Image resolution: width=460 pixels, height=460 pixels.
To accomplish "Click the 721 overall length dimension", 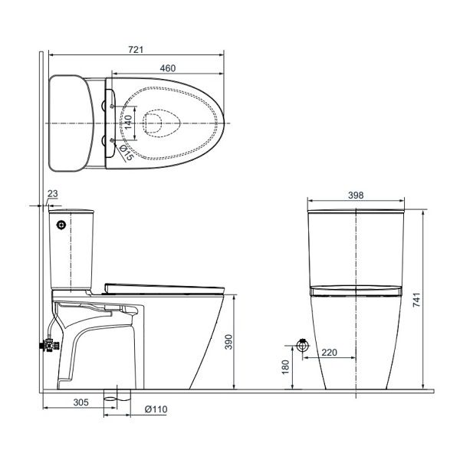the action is (136, 50).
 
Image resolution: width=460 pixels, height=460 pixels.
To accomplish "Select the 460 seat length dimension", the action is (168, 68).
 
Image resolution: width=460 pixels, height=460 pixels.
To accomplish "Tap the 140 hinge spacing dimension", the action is (128, 123).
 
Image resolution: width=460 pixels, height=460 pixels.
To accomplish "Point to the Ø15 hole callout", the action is (127, 153).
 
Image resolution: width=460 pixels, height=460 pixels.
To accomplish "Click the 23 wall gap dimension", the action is (53, 194).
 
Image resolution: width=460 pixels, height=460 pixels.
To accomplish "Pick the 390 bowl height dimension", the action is (228, 342).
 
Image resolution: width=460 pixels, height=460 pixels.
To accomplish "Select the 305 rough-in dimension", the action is (80, 402).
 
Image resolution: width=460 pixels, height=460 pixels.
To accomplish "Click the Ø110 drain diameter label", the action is (156, 409).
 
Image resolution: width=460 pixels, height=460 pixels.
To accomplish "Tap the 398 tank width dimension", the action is (356, 195).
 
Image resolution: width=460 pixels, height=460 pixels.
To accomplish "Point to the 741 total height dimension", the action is (417, 300).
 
